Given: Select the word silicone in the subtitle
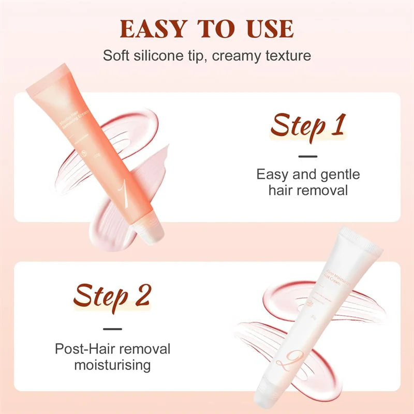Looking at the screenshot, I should click(x=164, y=55).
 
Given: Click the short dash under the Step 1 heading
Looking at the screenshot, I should click(x=308, y=156).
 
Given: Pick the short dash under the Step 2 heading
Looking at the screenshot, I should click(x=112, y=328).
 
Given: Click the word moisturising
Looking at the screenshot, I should click(x=112, y=365).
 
